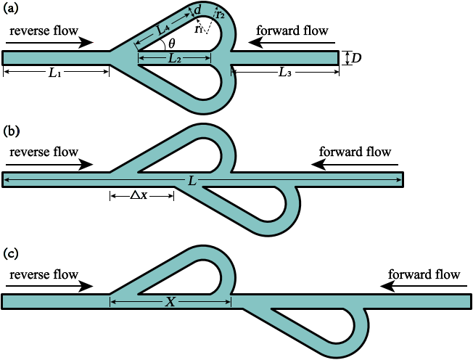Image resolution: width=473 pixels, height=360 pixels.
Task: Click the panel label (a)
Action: [11, 9]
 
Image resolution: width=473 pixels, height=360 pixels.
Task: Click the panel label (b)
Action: [11, 131]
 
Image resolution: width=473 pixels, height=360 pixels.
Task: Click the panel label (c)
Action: [11, 253]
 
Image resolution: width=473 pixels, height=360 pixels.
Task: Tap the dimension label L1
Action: [55, 73]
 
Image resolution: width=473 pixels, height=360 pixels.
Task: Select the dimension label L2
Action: [174, 58]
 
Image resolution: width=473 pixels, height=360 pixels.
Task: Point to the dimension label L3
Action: [285, 73]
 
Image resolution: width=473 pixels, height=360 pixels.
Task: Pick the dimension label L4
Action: [163, 28]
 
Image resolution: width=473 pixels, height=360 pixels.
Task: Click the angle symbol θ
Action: [171, 44]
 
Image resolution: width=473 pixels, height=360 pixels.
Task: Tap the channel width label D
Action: [356, 58]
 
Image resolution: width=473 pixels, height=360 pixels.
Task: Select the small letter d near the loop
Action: [197, 10]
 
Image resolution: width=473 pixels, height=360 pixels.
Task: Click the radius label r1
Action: [198, 29]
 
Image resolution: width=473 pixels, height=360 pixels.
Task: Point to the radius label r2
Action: [221, 15]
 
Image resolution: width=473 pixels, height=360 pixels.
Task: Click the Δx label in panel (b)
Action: [139, 195]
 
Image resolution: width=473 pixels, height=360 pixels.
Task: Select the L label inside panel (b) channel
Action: [192, 181]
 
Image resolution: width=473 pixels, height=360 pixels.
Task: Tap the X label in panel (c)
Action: [170, 301]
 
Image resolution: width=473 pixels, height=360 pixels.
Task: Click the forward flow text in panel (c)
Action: [424, 274]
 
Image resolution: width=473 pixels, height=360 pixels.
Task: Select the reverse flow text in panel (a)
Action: [44, 30]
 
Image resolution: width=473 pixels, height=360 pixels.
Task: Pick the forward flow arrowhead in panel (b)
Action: [318, 165]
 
